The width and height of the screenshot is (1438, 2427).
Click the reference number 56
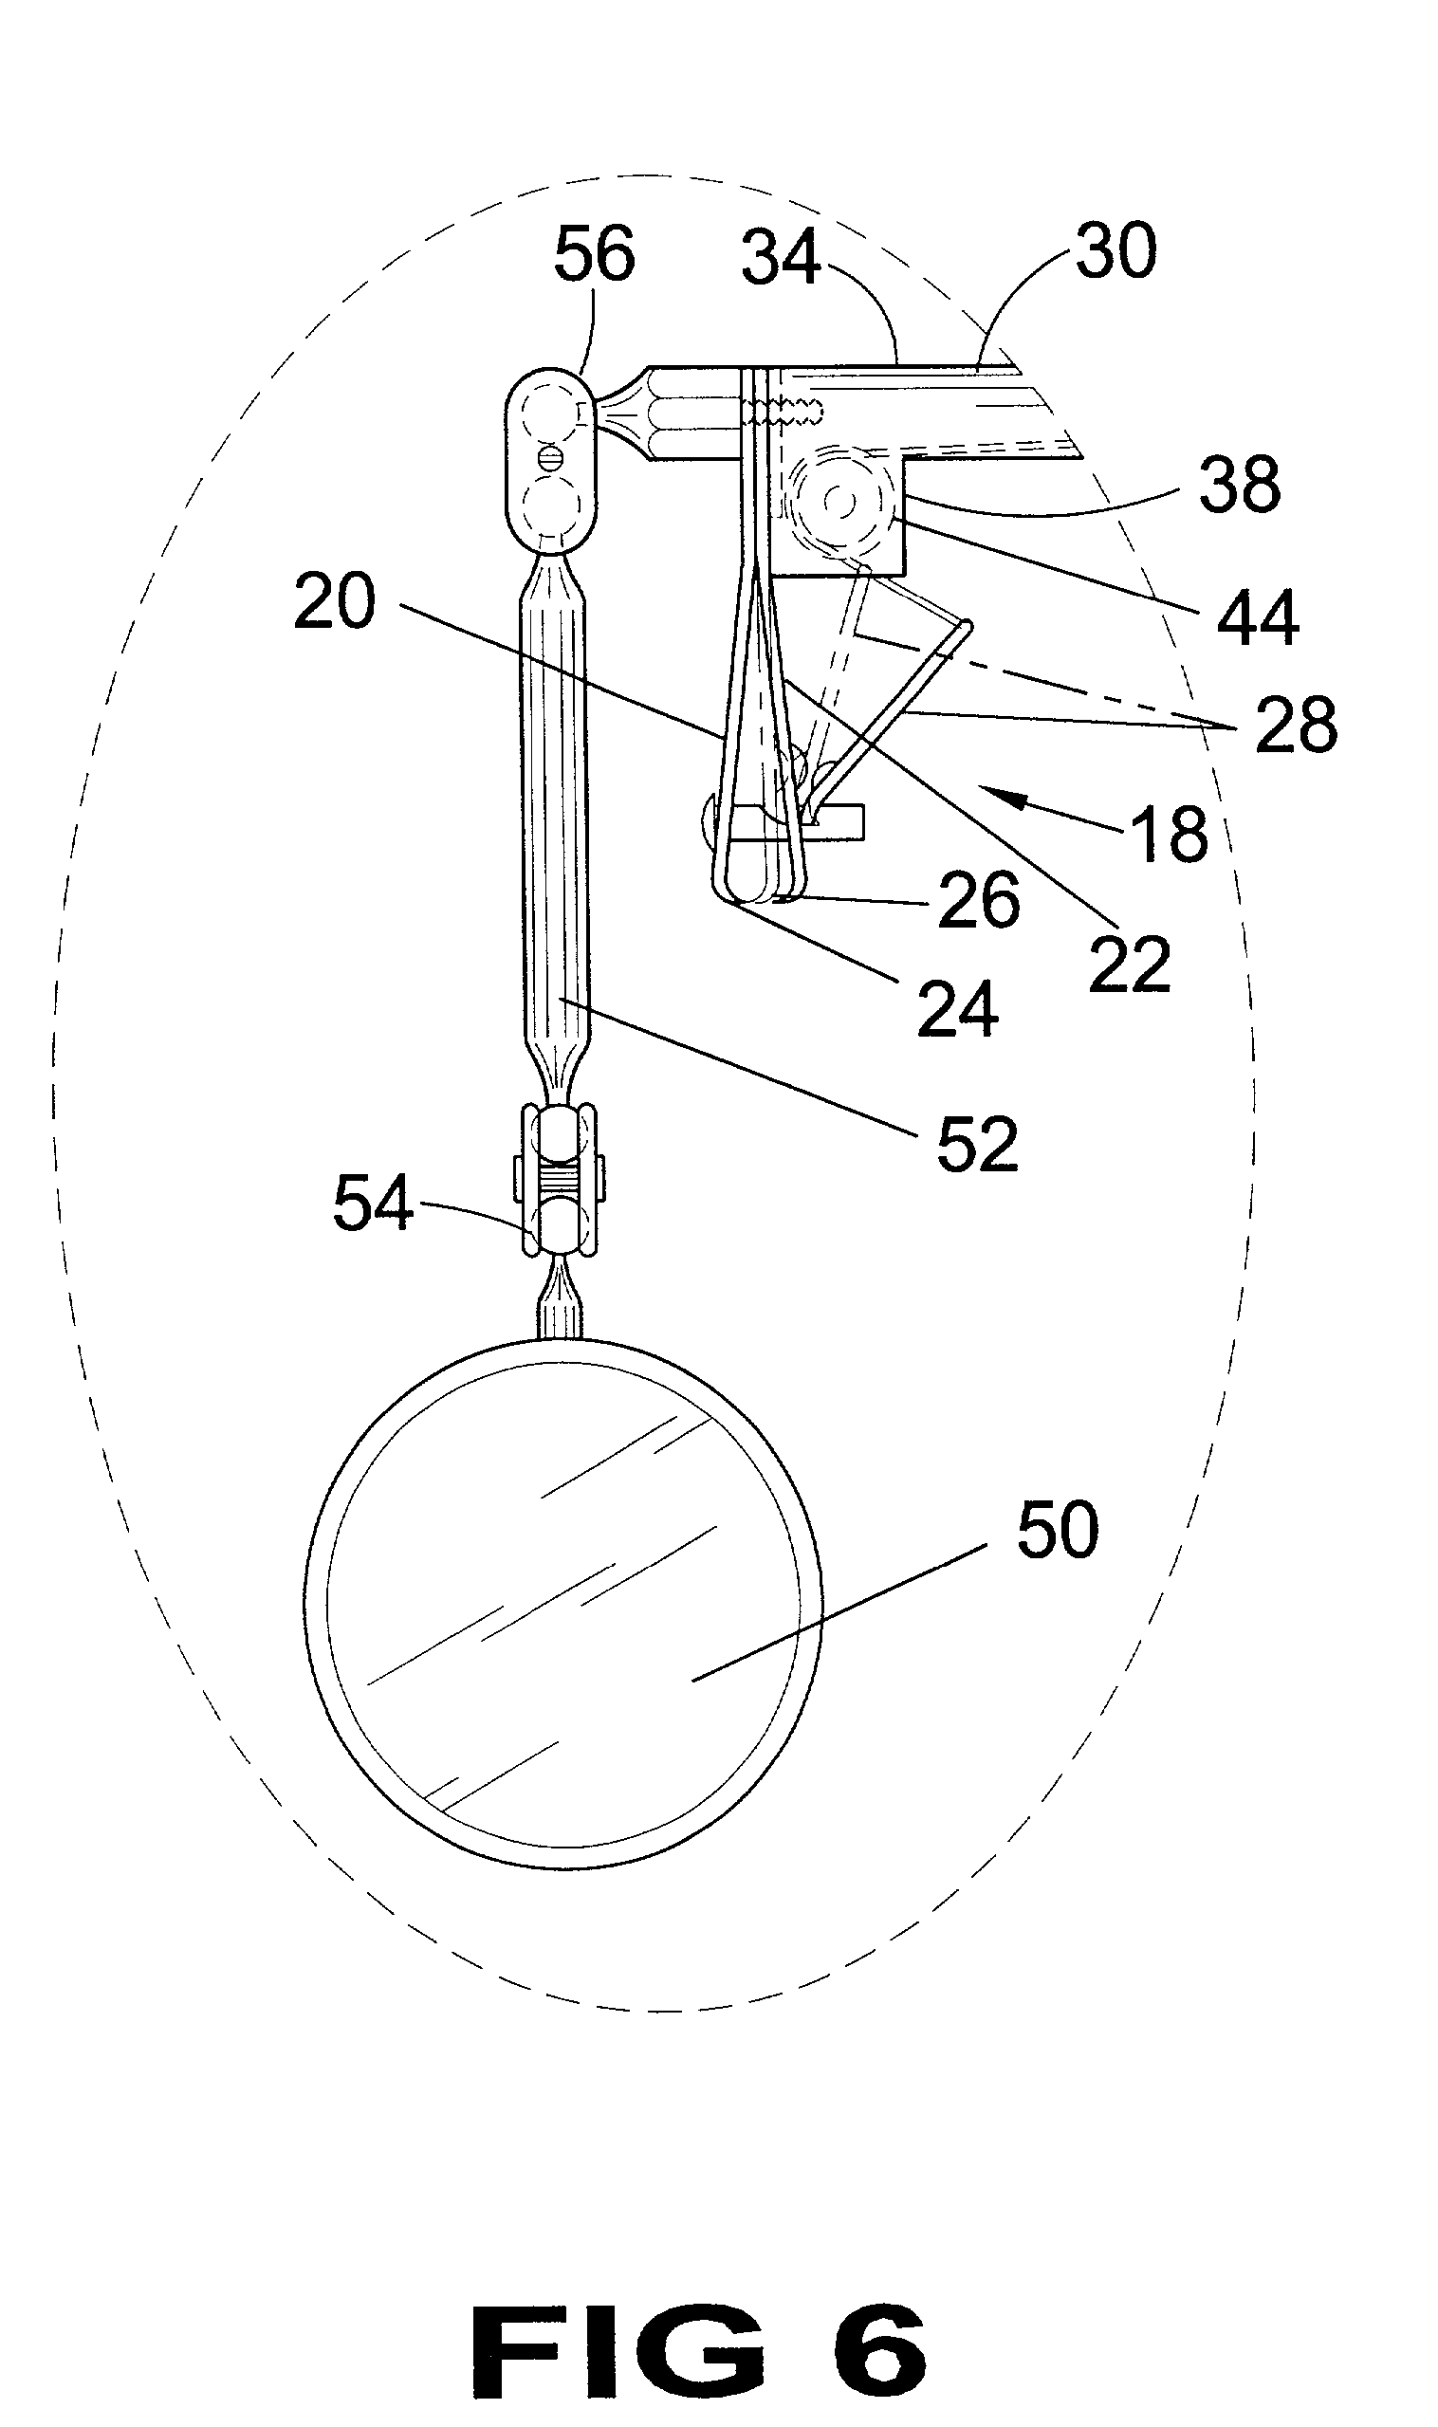click(594, 253)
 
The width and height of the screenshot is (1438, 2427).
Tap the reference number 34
click(781, 258)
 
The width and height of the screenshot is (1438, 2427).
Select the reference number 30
click(1115, 251)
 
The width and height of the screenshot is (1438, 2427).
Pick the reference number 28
click(1297, 724)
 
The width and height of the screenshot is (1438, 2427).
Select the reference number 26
click(979, 900)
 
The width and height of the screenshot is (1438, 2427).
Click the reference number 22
click(1130, 964)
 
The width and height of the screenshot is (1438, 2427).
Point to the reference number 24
click(957, 1008)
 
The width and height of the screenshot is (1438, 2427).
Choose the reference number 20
click(334, 600)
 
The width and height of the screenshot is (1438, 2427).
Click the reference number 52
click(977, 1143)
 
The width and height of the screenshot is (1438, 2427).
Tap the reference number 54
click(373, 1204)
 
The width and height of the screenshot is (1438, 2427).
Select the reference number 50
click(1058, 1530)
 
